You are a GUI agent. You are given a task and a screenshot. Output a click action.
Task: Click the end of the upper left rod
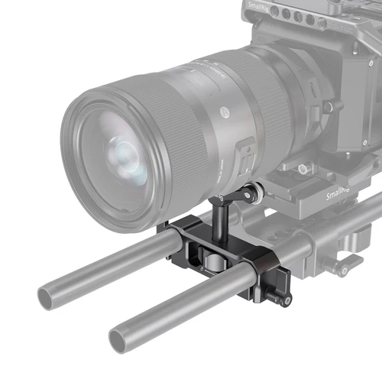53,295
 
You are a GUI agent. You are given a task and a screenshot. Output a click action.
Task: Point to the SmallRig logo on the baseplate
337,196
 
